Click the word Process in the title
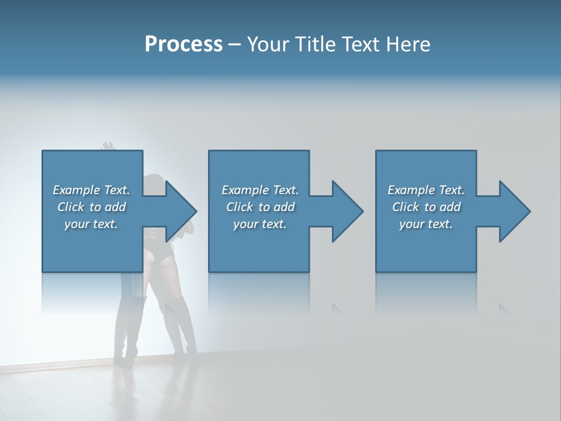tap(183, 44)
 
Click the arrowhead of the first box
tap(181, 211)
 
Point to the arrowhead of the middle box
tap(348, 211)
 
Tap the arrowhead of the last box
tap(515, 211)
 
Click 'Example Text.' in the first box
tap(91, 190)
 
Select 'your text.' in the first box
tap(91, 224)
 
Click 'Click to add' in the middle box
tap(260, 207)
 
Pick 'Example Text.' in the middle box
tap(260, 190)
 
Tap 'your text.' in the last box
tap(426, 224)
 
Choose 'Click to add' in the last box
tap(426, 207)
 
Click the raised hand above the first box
tap(107, 146)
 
